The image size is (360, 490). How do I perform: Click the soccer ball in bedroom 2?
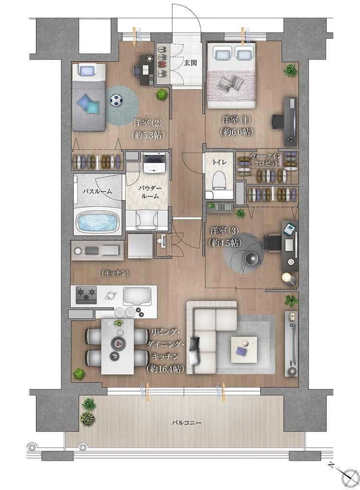click(x=116, y=100)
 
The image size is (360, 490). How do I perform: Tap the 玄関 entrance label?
click(x=190, y=63)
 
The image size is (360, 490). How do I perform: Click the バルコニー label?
click(x=186, y=423)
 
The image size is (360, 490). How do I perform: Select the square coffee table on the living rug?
click(x=244, y=349)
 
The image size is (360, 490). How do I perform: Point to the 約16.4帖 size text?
click(x=164, y=369)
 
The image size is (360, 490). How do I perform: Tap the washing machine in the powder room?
click(x=154, y=163)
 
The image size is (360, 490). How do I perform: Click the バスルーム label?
click(x=97, y=191)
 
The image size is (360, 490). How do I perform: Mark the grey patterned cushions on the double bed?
click(x=231, y=83)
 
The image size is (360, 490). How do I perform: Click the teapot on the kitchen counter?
click(x=110, y=295)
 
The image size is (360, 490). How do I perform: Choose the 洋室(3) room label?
click(x=224, y=231)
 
